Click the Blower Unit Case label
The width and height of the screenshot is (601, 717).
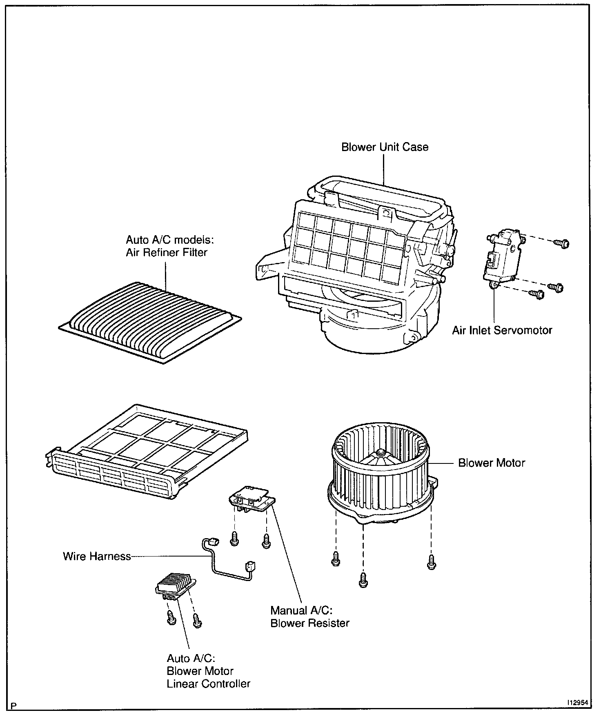[x=385, y=147]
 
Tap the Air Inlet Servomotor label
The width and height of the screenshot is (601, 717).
[x=502, y=330]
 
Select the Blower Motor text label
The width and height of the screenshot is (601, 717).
[x=491, y=463]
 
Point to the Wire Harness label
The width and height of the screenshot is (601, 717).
[x=97, y=556]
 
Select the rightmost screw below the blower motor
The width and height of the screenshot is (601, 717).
[x=431, y=563]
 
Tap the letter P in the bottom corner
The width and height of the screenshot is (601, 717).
[x=14, y=706]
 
